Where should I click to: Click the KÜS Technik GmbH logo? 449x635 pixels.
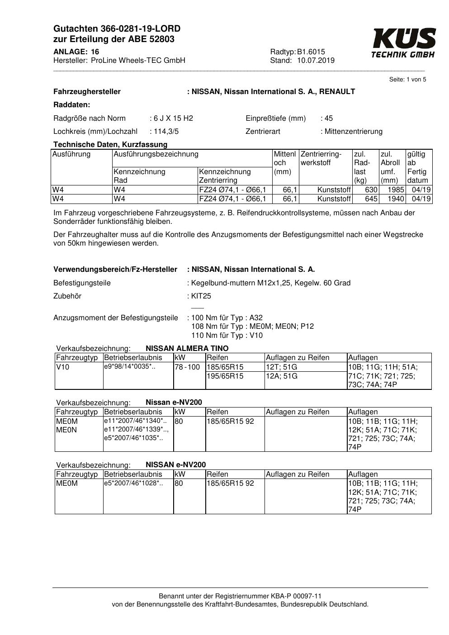403,43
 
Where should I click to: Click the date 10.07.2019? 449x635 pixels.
316,61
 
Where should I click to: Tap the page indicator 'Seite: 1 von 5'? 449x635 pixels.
407,80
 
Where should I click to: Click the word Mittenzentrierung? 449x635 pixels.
353,132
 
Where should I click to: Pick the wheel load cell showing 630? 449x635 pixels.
371,190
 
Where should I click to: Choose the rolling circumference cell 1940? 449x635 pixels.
396,199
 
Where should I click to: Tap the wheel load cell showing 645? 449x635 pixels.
371,199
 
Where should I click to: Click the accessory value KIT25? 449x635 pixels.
201,296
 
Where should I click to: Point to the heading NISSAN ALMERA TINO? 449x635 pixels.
187,349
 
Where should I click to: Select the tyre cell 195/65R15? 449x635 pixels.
225,376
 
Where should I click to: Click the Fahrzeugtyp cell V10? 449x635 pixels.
63,367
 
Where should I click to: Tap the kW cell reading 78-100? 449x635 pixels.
187,367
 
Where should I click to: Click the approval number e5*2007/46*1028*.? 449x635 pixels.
133,483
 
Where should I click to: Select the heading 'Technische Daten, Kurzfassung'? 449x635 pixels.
110,145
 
